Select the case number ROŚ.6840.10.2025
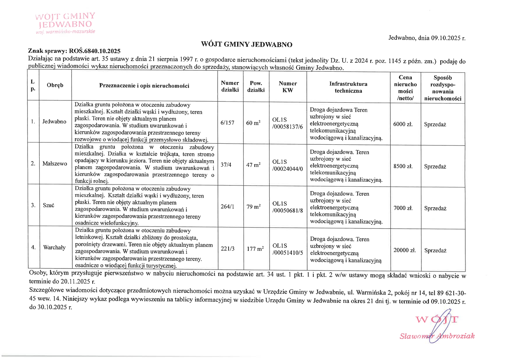click(95, 51)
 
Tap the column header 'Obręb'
click(55, 85)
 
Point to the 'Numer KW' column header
click(288, 87)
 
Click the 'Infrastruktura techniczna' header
click(348, 87)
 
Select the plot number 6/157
click(227, 123)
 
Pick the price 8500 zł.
click(403, 166)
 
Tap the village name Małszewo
click(55, 164)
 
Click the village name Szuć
click(48, 206)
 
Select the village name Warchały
click(54, 248)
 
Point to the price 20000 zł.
click(405, 250)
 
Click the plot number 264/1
click(227, 207)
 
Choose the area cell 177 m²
click(255, 249)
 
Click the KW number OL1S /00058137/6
click(287, 123)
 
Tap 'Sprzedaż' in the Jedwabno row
click(435, 125)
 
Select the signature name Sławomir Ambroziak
click(437, 336)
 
